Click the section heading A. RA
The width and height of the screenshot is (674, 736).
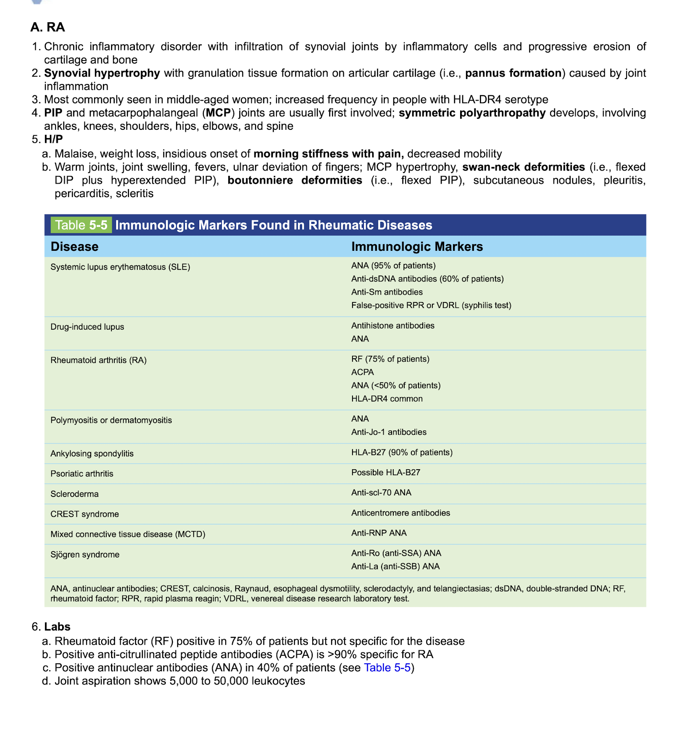coord(47,27)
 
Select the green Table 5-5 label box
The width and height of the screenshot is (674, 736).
coord(81,225)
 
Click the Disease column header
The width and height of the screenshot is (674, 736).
coord(74,247)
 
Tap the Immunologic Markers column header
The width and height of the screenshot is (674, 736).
coord(417,247)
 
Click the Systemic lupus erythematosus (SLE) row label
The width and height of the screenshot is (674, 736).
coord(120,267)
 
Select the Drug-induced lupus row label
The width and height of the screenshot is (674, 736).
coord(87,327)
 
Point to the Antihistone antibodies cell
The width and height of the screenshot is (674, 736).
coord(392,326)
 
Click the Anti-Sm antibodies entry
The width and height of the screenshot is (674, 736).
coord(387,292)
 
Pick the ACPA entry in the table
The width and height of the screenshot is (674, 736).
coord(362,372)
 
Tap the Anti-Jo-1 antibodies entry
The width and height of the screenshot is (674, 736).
coord(389,432)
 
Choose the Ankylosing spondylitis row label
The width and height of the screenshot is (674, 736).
coord(92,454)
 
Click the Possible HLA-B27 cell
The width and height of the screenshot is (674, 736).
coord(385,473)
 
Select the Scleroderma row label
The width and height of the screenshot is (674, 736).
coord(74,494)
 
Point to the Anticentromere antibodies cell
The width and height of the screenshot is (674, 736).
coord(400,513)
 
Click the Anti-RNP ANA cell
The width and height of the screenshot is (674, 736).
coord(379,533)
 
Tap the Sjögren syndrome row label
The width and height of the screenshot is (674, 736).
coord(85,555)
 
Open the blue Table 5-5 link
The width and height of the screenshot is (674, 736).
coord(387,668)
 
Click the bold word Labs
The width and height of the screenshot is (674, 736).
coord(57,627)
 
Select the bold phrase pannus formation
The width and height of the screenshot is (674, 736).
coord(513,73)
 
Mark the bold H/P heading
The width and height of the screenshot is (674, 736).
coord(53,139)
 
